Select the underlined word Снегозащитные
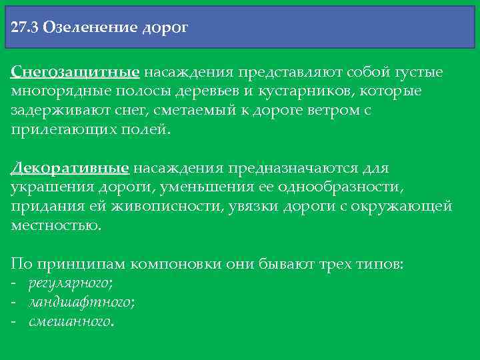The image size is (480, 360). [75, 71]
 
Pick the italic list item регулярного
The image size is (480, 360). [70, 284]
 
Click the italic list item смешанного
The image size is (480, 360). [70, 322]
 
